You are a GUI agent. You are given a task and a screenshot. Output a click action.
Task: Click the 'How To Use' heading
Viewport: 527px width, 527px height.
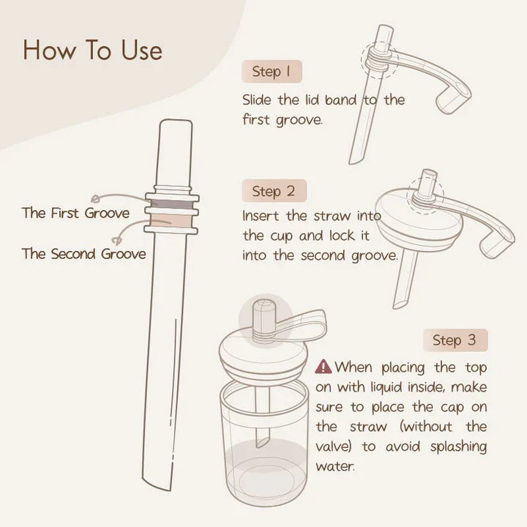92,50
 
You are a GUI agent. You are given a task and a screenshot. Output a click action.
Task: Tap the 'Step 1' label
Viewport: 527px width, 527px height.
272,72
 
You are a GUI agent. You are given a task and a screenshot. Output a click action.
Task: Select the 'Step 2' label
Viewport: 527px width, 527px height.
273,191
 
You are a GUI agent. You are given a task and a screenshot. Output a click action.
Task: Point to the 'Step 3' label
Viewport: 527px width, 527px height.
454,340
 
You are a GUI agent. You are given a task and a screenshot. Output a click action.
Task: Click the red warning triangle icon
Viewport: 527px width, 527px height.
323,367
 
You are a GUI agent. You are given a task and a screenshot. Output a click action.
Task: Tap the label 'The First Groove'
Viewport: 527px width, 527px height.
75,214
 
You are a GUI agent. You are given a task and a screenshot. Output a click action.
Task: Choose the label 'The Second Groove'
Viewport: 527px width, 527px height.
83,254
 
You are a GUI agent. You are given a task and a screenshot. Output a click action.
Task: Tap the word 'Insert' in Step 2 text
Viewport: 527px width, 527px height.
261,217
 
